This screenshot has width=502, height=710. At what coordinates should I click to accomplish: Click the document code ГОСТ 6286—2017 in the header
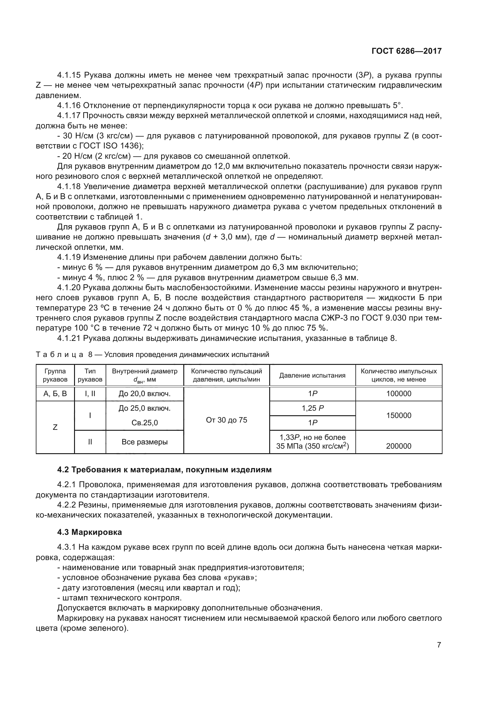click(x=406, y=51)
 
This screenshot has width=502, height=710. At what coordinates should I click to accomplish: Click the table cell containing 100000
click(x=399, y=394)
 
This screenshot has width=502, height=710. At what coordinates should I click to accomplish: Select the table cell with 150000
click(x=399, y=415)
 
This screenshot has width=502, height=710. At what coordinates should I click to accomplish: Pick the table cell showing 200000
click(x=399, y=446)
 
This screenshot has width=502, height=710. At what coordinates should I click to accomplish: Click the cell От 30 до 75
click(x=226, y=420)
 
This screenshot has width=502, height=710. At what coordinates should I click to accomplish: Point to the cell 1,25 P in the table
click(x=313, y=408)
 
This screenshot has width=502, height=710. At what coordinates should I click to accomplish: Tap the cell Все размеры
click(x=144, y=442)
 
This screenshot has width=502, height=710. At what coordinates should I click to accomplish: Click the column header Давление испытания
click(x=312, y=375)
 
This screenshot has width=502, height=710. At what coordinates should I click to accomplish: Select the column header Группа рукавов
click(x=55, y=375)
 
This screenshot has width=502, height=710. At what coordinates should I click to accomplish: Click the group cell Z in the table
click(x=55, y=427)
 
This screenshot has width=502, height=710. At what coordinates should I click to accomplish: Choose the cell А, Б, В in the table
click(x=55, y=394)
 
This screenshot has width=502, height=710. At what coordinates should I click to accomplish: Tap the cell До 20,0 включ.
click(x=144, y=394)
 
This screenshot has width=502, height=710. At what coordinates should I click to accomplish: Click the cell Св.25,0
click(x=144, y=423)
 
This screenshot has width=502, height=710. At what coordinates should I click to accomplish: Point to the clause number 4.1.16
click(x=69, y=106)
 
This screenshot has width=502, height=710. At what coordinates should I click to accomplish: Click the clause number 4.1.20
click(x=69, y=287)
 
